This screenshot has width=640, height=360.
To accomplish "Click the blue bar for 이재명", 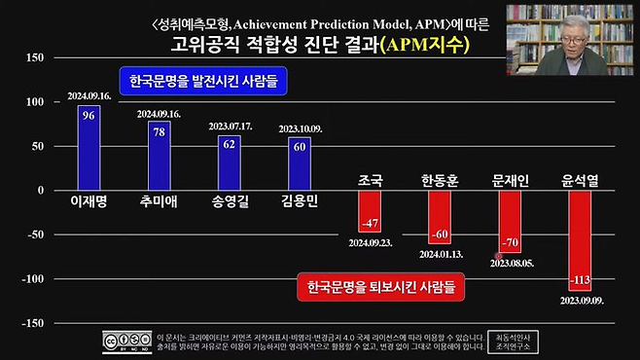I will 89,147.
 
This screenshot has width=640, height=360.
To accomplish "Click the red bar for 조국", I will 371,211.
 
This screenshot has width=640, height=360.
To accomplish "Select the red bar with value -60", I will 440,217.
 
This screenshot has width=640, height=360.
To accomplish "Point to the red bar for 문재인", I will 511,221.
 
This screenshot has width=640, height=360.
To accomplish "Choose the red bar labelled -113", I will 581,240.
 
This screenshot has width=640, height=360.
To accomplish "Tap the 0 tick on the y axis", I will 41,191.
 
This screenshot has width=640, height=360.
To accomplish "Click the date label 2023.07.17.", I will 230,126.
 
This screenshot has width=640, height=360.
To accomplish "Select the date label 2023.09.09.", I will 583,301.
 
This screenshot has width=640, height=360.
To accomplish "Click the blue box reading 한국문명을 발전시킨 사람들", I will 204,82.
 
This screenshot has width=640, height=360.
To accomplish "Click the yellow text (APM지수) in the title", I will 424,45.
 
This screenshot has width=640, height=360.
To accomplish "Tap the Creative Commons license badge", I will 125,341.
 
